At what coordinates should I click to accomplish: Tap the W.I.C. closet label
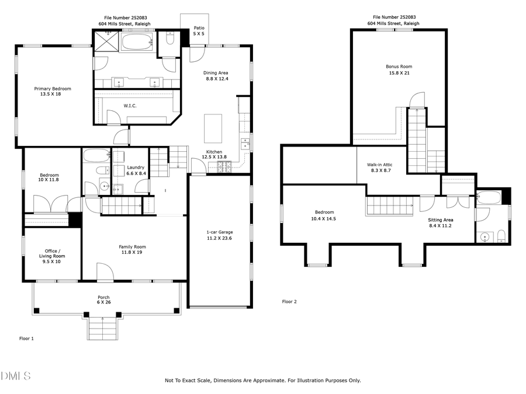tap(130, 106)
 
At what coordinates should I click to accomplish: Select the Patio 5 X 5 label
tap(199, 31)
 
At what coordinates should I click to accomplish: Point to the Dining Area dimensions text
tap(216, 79)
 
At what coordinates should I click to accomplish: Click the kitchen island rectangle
tap(213, 128)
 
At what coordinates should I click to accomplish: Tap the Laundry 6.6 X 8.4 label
tap(137, 170)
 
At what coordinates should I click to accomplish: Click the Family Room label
tap(133, 250)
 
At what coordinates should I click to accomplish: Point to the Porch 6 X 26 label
tap(103, 300)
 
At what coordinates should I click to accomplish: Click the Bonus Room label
tap(399, 69)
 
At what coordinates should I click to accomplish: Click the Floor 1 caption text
tap(27, 338)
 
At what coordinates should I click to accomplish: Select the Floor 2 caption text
tap(289, 302)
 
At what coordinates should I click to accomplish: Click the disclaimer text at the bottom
tap(263, 381)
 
